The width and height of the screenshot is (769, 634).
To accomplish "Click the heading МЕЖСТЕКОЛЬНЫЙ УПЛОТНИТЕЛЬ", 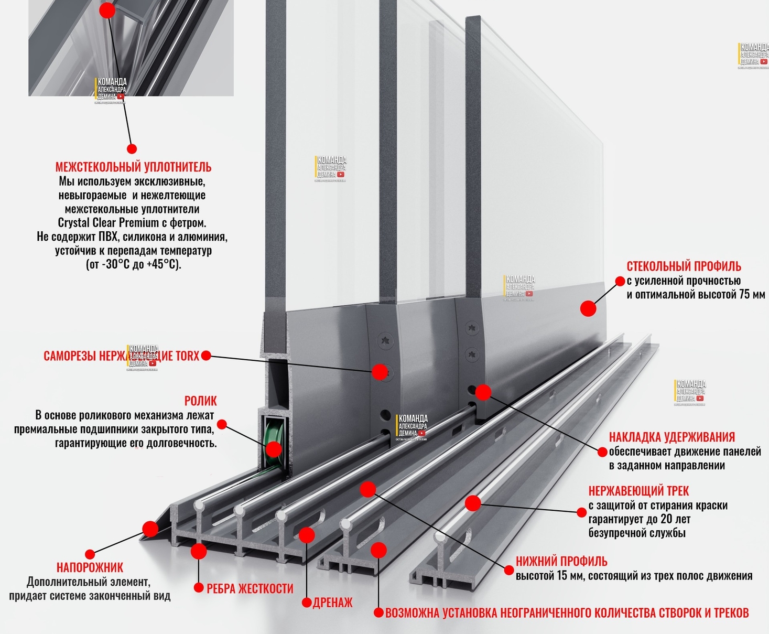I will coord(133,167).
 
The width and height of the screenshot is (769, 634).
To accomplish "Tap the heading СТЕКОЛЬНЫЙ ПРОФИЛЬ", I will coord(684,266).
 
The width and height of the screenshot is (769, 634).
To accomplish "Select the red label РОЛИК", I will coord(200,401).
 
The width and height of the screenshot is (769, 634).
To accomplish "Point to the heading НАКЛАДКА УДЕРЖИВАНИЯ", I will coord(671,437).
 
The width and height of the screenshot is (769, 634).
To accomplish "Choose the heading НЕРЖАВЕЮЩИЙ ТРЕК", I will coord(638,491).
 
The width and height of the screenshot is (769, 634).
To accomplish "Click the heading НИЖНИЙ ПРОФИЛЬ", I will coord(561,562).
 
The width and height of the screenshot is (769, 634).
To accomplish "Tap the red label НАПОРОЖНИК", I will coord(90,567).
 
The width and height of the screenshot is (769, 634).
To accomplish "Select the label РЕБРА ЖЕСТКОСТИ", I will coord(250,589).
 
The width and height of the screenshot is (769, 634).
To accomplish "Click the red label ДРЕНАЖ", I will coord(332,603).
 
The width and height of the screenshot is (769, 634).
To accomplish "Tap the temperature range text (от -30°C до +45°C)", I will coord(133,264).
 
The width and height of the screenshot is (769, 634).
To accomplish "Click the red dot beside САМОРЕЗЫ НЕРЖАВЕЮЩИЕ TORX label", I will coord(206,356).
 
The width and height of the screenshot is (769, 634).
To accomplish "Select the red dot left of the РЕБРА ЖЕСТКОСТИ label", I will coord(198,588).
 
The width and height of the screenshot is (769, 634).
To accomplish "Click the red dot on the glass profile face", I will coord(588,309).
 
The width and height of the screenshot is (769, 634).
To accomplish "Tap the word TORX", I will coord(187,357).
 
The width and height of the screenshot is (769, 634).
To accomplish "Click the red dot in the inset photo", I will coord(107,10).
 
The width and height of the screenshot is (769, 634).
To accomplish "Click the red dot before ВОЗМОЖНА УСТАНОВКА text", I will coord(378,612).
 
